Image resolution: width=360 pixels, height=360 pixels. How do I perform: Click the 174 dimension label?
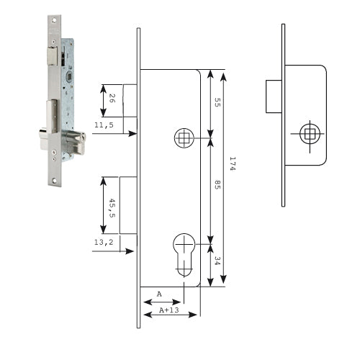(233, 163)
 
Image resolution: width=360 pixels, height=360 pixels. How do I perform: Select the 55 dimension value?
(217, 102)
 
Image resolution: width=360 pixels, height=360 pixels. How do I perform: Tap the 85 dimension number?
(217, 184)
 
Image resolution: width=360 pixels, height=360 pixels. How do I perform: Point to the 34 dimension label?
(217, 261)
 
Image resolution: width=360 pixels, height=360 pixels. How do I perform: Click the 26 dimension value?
(112, 99)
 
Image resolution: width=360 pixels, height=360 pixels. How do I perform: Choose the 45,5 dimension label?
(112, 208)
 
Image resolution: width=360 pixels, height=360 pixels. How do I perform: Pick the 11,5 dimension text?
(104, 125)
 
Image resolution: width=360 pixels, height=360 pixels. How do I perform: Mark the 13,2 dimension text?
(104, 242)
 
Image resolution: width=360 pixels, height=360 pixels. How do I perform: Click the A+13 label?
(169, 310)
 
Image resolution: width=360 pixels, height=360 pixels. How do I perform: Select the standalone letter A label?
(159, 294)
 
